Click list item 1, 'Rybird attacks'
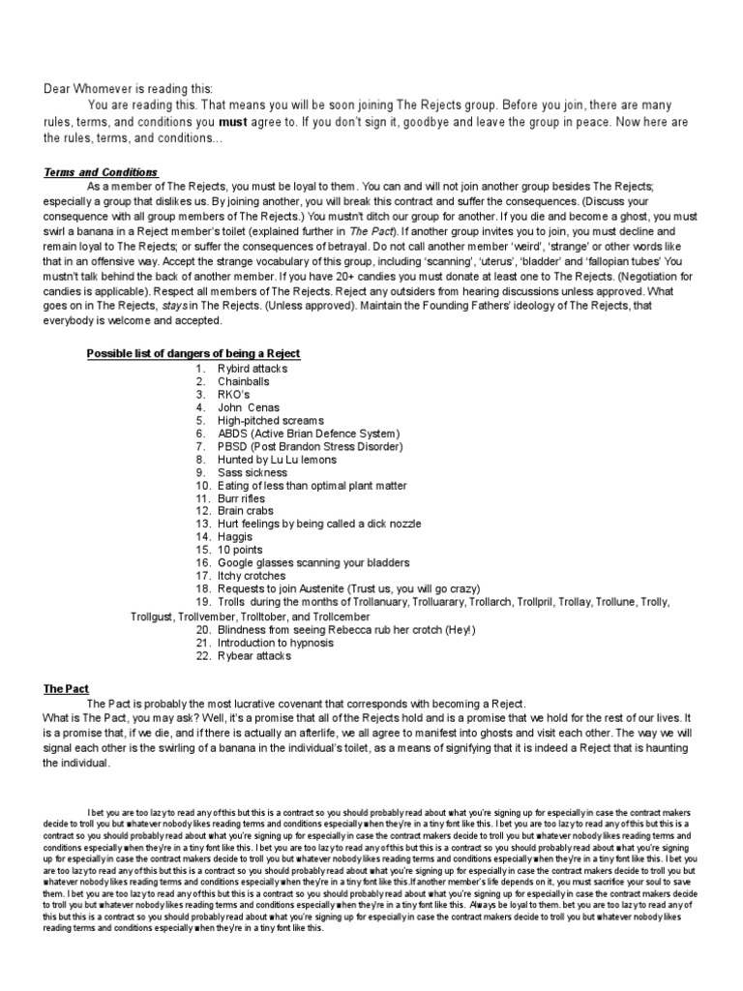click(x=252, y=369)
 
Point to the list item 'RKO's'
click(x=235, y=395)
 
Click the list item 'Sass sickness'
click(x=251, y=472)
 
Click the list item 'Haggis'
click(x=235, y=536)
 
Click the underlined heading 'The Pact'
click(x=66, y=689)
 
